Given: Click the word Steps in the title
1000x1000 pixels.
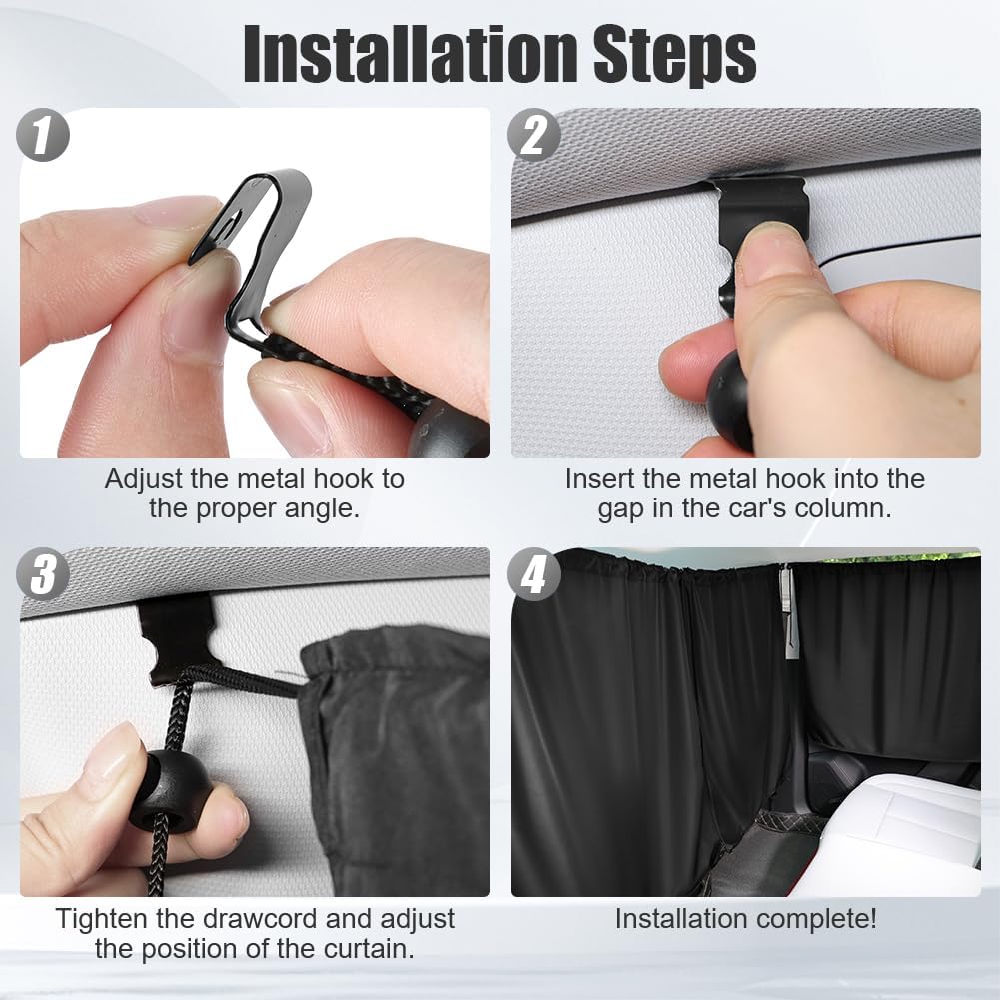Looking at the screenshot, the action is tap(674, 57).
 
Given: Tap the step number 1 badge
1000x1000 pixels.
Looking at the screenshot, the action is tap(42, 134).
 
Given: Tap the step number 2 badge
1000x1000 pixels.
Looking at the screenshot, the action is tap(534, 134).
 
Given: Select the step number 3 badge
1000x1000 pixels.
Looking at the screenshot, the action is tap(42, 574).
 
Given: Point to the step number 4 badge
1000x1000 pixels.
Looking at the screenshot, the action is tap(534, 574).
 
